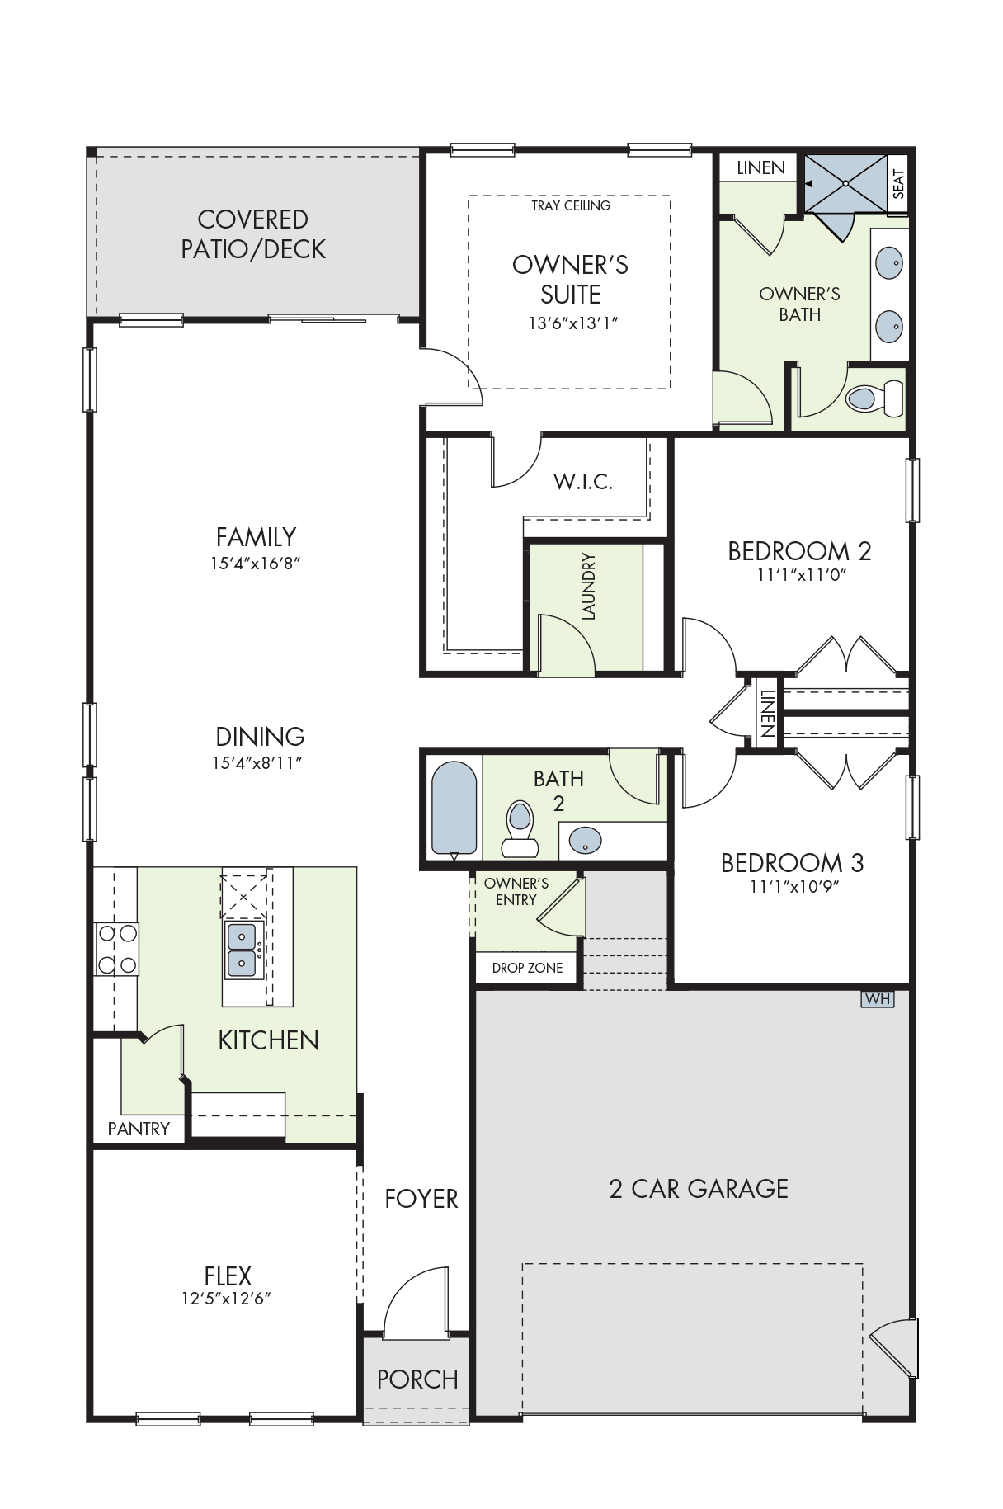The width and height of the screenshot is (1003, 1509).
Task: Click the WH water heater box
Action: click(x=878, y=998)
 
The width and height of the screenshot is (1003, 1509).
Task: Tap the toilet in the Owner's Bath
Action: click(x=874, y=398)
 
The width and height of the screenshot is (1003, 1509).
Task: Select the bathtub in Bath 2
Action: click(x=454, y=809)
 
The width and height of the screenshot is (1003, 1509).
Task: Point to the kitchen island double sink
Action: click(x=243, y=950)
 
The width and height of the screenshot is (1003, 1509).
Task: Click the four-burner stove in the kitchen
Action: click(x=117, y=949)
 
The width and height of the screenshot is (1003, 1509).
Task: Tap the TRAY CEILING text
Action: click(x=571, y=205)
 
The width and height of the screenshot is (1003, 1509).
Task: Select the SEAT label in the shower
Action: click(x=898, y=184)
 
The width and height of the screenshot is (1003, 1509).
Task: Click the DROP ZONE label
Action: click(x=527, y=968)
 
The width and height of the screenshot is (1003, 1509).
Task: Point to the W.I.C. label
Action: click(x=583, y=482)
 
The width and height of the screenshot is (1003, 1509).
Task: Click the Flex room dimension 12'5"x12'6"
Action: click(x=227, y=1299)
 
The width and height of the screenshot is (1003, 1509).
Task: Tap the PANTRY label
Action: click(x=139, y=1129)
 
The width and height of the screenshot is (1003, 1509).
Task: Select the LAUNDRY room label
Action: click(x=588, y=586)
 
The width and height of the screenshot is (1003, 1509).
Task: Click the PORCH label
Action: click(x=417, y=1379)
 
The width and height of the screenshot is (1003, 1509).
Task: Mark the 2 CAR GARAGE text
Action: click(x=699, y=1189)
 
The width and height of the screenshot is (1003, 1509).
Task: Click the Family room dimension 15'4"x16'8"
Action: click(x=256, y=564)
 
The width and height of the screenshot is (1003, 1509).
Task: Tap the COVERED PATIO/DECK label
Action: click(x=253, y=234)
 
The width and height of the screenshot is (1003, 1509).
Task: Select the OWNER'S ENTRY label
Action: click(x=516, y=892)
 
